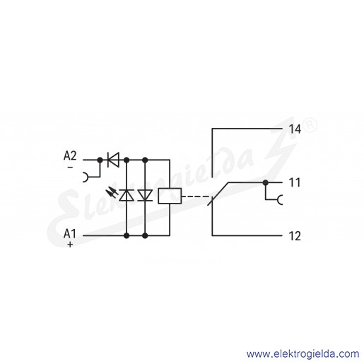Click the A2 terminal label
click(x=70, y=155)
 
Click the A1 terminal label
click(x=70, y=234)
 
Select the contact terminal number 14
click(x=295, y=129)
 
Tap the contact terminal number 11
click(x=295, y=182)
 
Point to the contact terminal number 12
click(x=295, y=236)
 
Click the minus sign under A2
click(x=70, y=168)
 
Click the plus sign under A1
click(x=70, y=245)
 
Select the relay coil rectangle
click(x=170, y=196)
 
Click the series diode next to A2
click(x=113, y=160)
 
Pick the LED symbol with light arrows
click(x=127, y=195)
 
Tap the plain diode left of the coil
click(x=145, y=195)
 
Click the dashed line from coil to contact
click(x=196, y=196)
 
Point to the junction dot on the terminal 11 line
click(x=266, y=182)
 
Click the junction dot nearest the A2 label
click(x=100, y=160)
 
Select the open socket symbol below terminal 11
click(x=278, y=200)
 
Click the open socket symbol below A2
click(x=86, y=177)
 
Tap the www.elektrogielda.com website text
click(x=303, y=354)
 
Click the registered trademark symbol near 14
click(x=310, y=126)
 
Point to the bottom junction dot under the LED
click(x=127, y=235)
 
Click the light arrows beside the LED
click(x=112, y=192)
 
